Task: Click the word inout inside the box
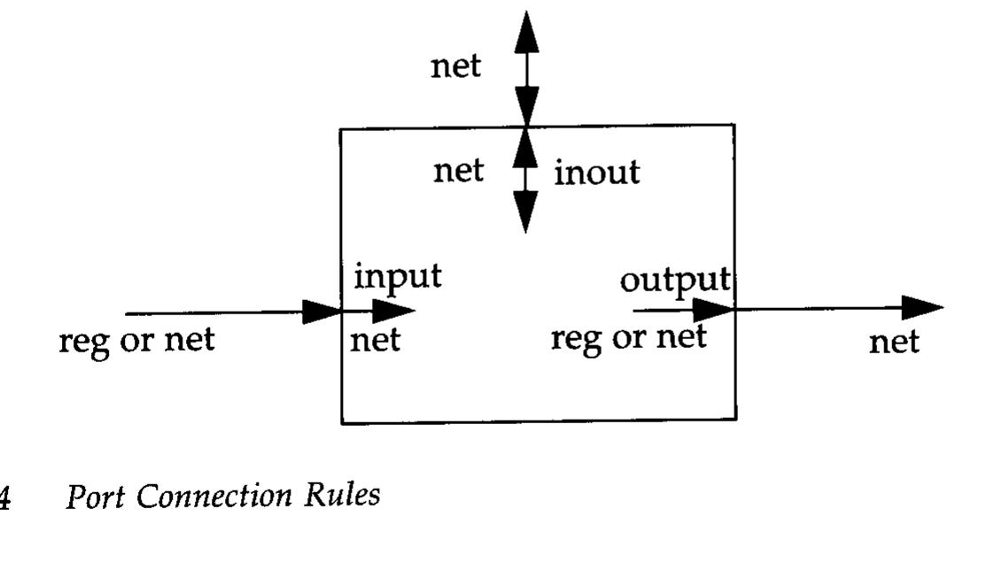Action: pyautogui.click(x=596, y=172)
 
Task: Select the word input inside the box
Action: pyautogui.click(x=397, y=277)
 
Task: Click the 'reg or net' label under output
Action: pyautogui.click(x=628, y=337)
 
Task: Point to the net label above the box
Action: pyautogui.click(x=456, y=66)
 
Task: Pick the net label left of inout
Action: pyautogui.click(x=458, y=171)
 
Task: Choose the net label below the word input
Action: pyautogui.click(x=375, y=340)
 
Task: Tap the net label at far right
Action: pyautogui.click(x=893, y=342)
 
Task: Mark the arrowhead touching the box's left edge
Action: pyautogui.click(x=322, y=312)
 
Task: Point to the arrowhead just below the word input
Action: pyautogui.click(x=393, y=311)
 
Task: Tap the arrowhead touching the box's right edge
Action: pyautogui.click(x=714, y=310)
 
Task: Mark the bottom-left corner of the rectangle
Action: pyautogui.click(x=342, y=422)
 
